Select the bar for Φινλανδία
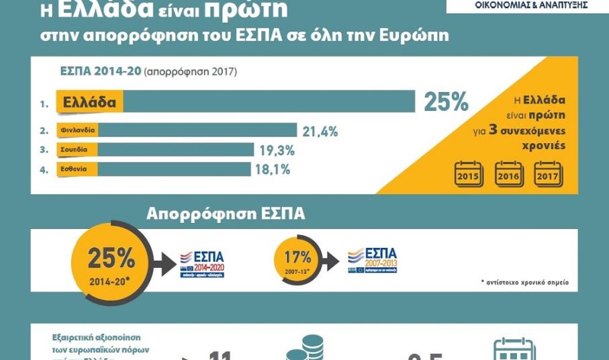(x=198, y=130)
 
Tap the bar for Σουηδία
(x=176, y=150)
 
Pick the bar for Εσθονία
(x=174, y=169)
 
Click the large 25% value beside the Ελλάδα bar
(x=446, y=101)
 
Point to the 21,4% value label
(x=320, y=132)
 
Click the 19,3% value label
(x=277, y=150)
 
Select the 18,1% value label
(x=273, y=170)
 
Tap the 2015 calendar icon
(x=469, y=174)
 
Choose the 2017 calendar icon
(x=549, y=174)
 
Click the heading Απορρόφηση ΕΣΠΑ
(x=226, y=214)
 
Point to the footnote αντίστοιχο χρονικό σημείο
(x=525, y=282)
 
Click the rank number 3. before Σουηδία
(x=44, y=150)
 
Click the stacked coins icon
(x=306, y=349)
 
